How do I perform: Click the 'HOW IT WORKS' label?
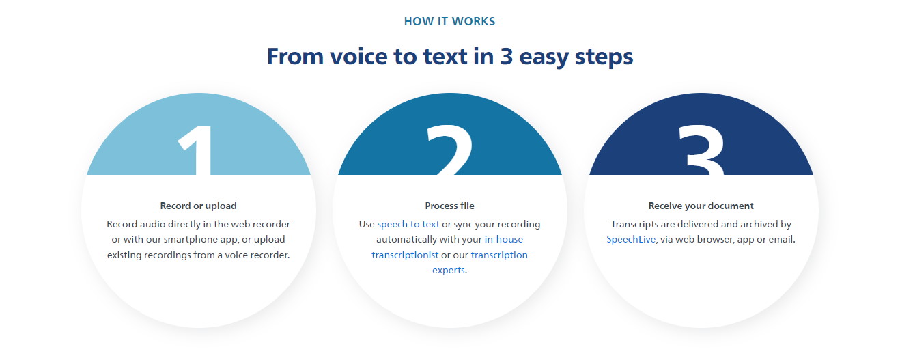tap(449, 21)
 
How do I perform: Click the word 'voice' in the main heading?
tap(358, 56)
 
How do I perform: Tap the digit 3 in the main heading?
tap(507, 56)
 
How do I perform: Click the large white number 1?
tap(196, 150)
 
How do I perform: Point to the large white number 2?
tap(450, 150)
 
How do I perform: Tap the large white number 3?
tap(701, 150)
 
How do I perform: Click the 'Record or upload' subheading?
tap(199, 206)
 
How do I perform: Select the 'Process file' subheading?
tap(449, 206)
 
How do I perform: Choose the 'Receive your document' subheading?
tap(701, 206)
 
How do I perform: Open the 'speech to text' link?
tap(408, 224)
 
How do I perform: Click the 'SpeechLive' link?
tap(631, 240)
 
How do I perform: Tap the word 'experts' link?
tap(449, 270)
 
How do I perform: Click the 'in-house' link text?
tap(504, 240)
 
